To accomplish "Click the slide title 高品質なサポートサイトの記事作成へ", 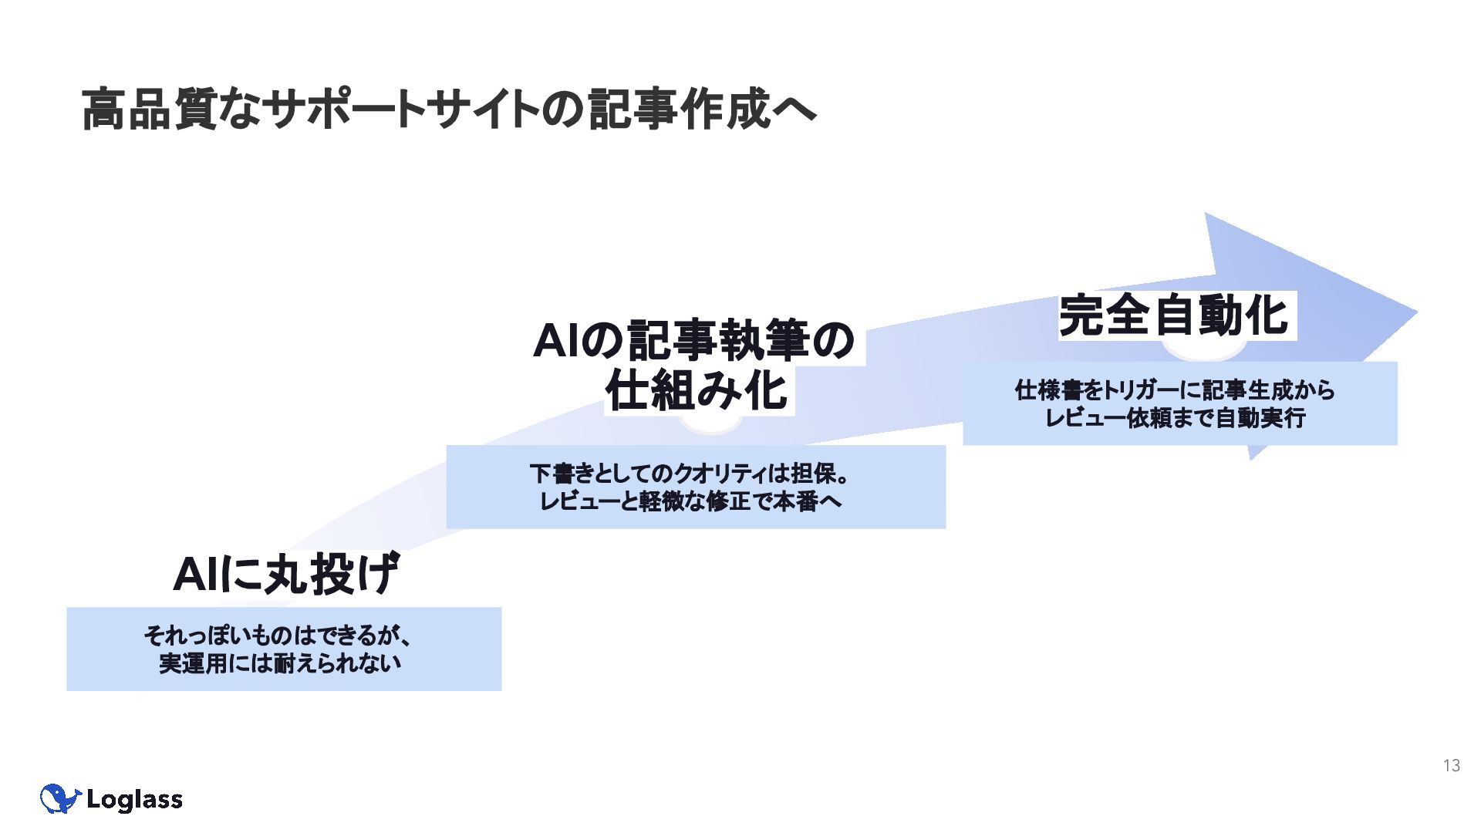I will [x=448, y=110].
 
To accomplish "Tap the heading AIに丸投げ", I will [x=285, y=575].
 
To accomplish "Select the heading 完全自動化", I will [x=1173, y=316].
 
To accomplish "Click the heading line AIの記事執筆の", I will [x=693, y=341].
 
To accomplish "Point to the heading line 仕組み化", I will [x=697, y=391].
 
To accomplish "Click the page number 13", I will [x=1451, y=765].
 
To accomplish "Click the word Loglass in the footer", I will [x=134, y=800].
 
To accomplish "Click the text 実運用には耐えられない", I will [x=279, y=663].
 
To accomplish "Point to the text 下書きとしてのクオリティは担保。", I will [x=690, y=474].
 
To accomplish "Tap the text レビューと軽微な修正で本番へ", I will [x=690, y=501].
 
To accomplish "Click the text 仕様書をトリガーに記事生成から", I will [x=1174, y=390].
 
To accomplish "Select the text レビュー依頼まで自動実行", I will [x=1174, y=418].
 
